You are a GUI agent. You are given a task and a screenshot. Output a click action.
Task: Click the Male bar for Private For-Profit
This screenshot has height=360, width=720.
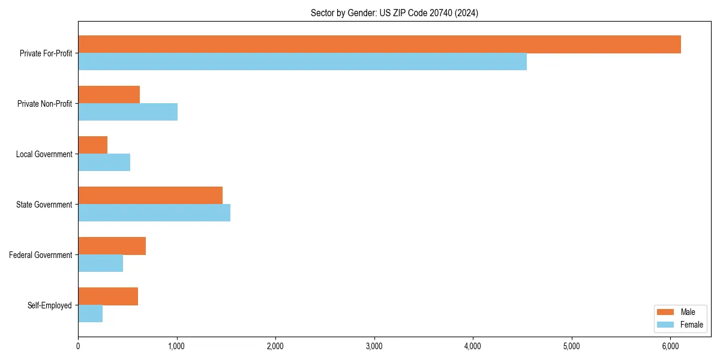pos(379,44)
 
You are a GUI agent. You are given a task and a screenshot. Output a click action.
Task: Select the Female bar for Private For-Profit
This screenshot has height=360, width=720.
pos(302,62)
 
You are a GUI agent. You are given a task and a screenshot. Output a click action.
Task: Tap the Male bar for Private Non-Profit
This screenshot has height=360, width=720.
pos(109,95)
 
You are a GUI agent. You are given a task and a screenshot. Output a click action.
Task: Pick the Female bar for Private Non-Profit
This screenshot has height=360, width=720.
pos(128,112)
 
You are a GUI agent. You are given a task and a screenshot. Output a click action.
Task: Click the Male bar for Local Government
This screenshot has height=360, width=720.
pos(92,145)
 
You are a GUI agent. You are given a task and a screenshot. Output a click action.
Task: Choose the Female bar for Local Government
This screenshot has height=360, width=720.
pos(104,163)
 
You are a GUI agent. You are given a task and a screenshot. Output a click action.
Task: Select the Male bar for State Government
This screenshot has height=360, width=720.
pos(150,196)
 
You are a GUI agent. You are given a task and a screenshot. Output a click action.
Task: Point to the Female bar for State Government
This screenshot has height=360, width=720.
pos(154,213)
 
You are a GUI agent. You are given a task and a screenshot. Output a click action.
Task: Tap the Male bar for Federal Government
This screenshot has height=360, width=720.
pos(112,246)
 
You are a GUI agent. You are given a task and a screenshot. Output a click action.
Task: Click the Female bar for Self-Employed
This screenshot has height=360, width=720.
pos(90,314)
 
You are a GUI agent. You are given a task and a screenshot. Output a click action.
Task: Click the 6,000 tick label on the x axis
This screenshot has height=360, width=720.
pos(671,346)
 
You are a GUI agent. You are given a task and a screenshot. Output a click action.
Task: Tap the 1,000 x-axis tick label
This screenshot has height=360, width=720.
pos(176,346)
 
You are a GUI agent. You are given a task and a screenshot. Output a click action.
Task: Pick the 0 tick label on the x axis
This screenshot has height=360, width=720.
pos(78,346)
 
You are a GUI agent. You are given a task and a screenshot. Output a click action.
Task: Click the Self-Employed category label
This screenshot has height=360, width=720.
pos(49,305)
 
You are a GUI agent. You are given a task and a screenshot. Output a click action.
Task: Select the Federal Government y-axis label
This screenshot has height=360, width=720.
pos(40,255)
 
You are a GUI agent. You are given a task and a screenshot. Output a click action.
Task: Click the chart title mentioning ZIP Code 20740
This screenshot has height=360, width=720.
pos(394,13)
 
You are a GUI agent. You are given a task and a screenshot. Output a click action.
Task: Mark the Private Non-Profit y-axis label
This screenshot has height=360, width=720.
pos(44,104)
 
